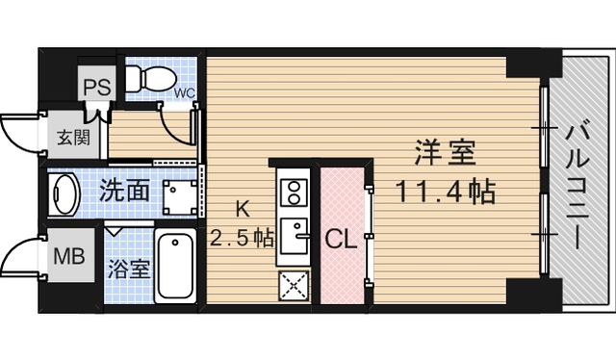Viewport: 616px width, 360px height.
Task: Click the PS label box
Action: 95,85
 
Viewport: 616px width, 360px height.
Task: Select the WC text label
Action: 184,93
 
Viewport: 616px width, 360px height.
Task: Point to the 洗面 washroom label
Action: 125,190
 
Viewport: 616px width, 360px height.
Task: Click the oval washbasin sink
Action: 65,193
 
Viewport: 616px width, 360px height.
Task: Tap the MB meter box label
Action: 66,257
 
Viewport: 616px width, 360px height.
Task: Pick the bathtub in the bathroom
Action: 174,266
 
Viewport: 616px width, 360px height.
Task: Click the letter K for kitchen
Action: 244,206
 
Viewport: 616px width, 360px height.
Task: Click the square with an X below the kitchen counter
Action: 293,286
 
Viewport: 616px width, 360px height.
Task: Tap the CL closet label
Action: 341,238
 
